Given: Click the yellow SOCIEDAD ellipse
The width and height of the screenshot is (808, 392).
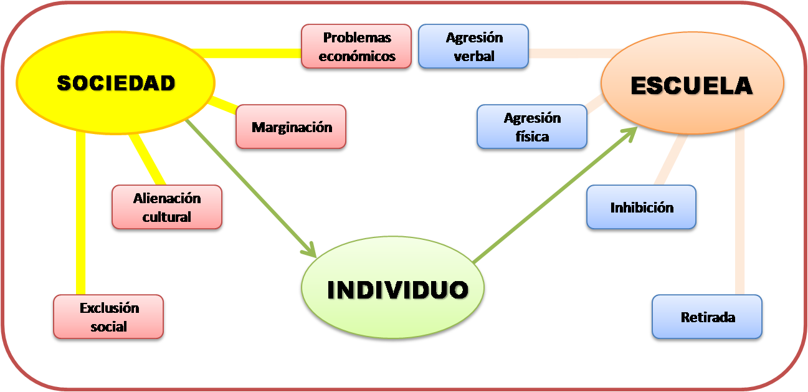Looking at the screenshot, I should [x=115, y=82].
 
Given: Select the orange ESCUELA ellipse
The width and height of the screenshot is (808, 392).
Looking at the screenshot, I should [x=692, y=85].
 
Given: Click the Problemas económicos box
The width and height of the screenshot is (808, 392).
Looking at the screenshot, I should [x=356, y=46].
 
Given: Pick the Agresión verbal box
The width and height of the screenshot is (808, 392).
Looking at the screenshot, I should [x=473, y=46].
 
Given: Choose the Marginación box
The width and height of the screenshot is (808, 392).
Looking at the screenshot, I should [x=291, y=127].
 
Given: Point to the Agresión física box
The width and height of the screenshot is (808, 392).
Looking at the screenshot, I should [x=531, y=127].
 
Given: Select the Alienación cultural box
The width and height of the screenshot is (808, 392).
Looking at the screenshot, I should [x=167, y=207].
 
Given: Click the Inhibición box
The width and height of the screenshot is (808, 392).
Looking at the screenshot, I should [x=641, y=207].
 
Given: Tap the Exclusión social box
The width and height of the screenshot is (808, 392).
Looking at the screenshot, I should [x=108, y=317].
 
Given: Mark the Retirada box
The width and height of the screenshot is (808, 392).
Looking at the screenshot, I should [x=707, y=317].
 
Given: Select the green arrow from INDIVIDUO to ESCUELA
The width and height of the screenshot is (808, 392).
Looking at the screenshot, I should [x=554, y=193].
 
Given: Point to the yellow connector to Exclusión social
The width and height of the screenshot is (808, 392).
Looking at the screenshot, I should [x=80, y=212].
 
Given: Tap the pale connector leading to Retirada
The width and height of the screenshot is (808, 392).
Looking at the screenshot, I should [x=740, y=212].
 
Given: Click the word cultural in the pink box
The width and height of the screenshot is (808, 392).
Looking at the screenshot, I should [x=167, y=217].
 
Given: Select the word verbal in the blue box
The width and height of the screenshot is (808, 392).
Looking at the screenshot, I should [x=473, y=56].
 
